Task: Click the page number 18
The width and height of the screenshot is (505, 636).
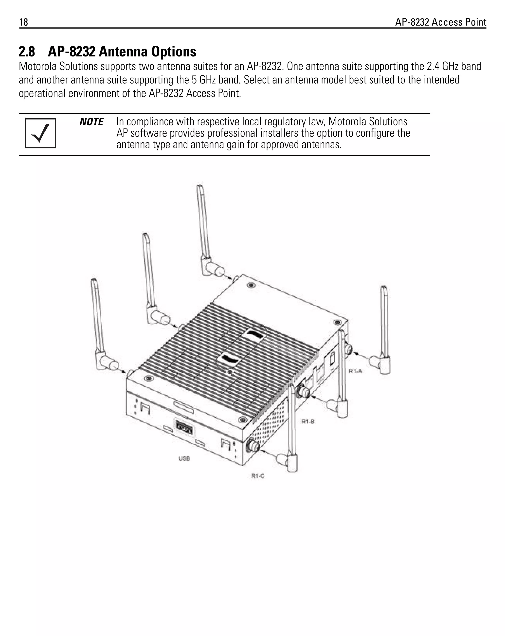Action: [24, 22]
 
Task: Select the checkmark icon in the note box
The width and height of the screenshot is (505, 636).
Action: [40, 133]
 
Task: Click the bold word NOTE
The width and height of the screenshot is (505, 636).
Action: [91, 122]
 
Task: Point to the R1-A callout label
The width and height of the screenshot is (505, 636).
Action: [355, 371]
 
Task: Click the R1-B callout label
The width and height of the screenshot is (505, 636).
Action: [308, 421]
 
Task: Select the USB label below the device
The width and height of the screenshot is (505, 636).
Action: [184, 458]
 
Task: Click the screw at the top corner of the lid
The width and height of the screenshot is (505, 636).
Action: [251, 285]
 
